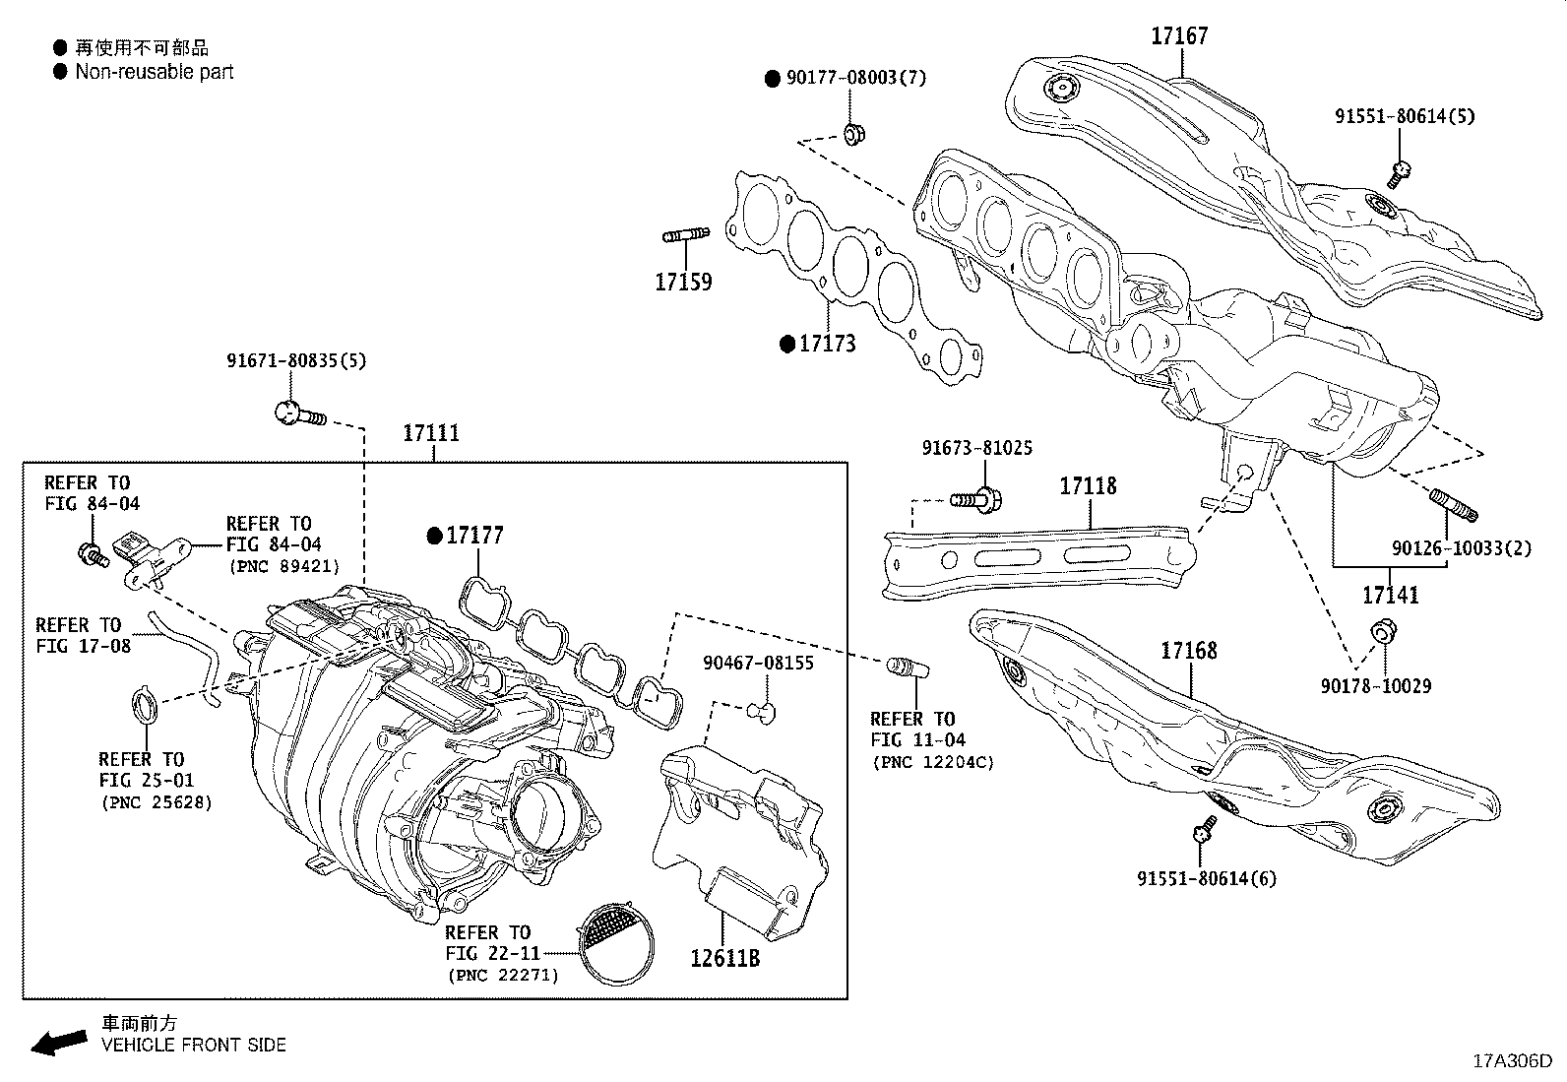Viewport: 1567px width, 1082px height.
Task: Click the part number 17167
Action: pyautogui.click(x=1179, y=36)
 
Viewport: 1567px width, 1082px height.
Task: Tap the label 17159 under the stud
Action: pyautogui.click(x=683, y=283)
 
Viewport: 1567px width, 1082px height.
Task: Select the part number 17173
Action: pyautogui.click(x=827, y=344)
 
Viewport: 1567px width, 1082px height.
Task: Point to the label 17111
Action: pyautogui.click(x=431, y=433)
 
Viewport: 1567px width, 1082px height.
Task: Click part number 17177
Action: pyautogui.click(x=474, y=536)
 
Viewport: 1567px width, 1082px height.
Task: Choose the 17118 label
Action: pyautogui.click(x=1088, y=486)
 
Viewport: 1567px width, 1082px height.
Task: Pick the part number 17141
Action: pyautogui.click(x=1391, y=595)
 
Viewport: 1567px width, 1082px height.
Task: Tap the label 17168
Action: pyautogui.click(x=1188, y=651)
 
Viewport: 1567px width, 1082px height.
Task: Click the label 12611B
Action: pyautogui.click(x=724, y=957)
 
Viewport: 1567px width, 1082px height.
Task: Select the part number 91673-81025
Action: pyautogui.click(x=976, y=448)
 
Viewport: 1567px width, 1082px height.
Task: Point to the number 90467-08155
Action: pyautogui.click(x=758, y=663)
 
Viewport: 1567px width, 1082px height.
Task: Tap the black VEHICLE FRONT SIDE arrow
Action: pyautogui.click(x=58, y=1042)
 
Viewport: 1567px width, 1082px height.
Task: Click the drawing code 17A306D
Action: pyautogui.click(x=1511, y=1061)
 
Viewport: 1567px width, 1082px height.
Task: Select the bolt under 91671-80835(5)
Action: pyautogui.click(x=298, y=413)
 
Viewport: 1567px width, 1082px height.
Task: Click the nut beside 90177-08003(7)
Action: pyautogui.click(x=853, y=132)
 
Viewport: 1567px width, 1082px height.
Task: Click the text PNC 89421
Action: pyautogui.click(x=284, y=566)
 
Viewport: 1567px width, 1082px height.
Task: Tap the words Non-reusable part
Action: pyautogui.click(x=155, y=71)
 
